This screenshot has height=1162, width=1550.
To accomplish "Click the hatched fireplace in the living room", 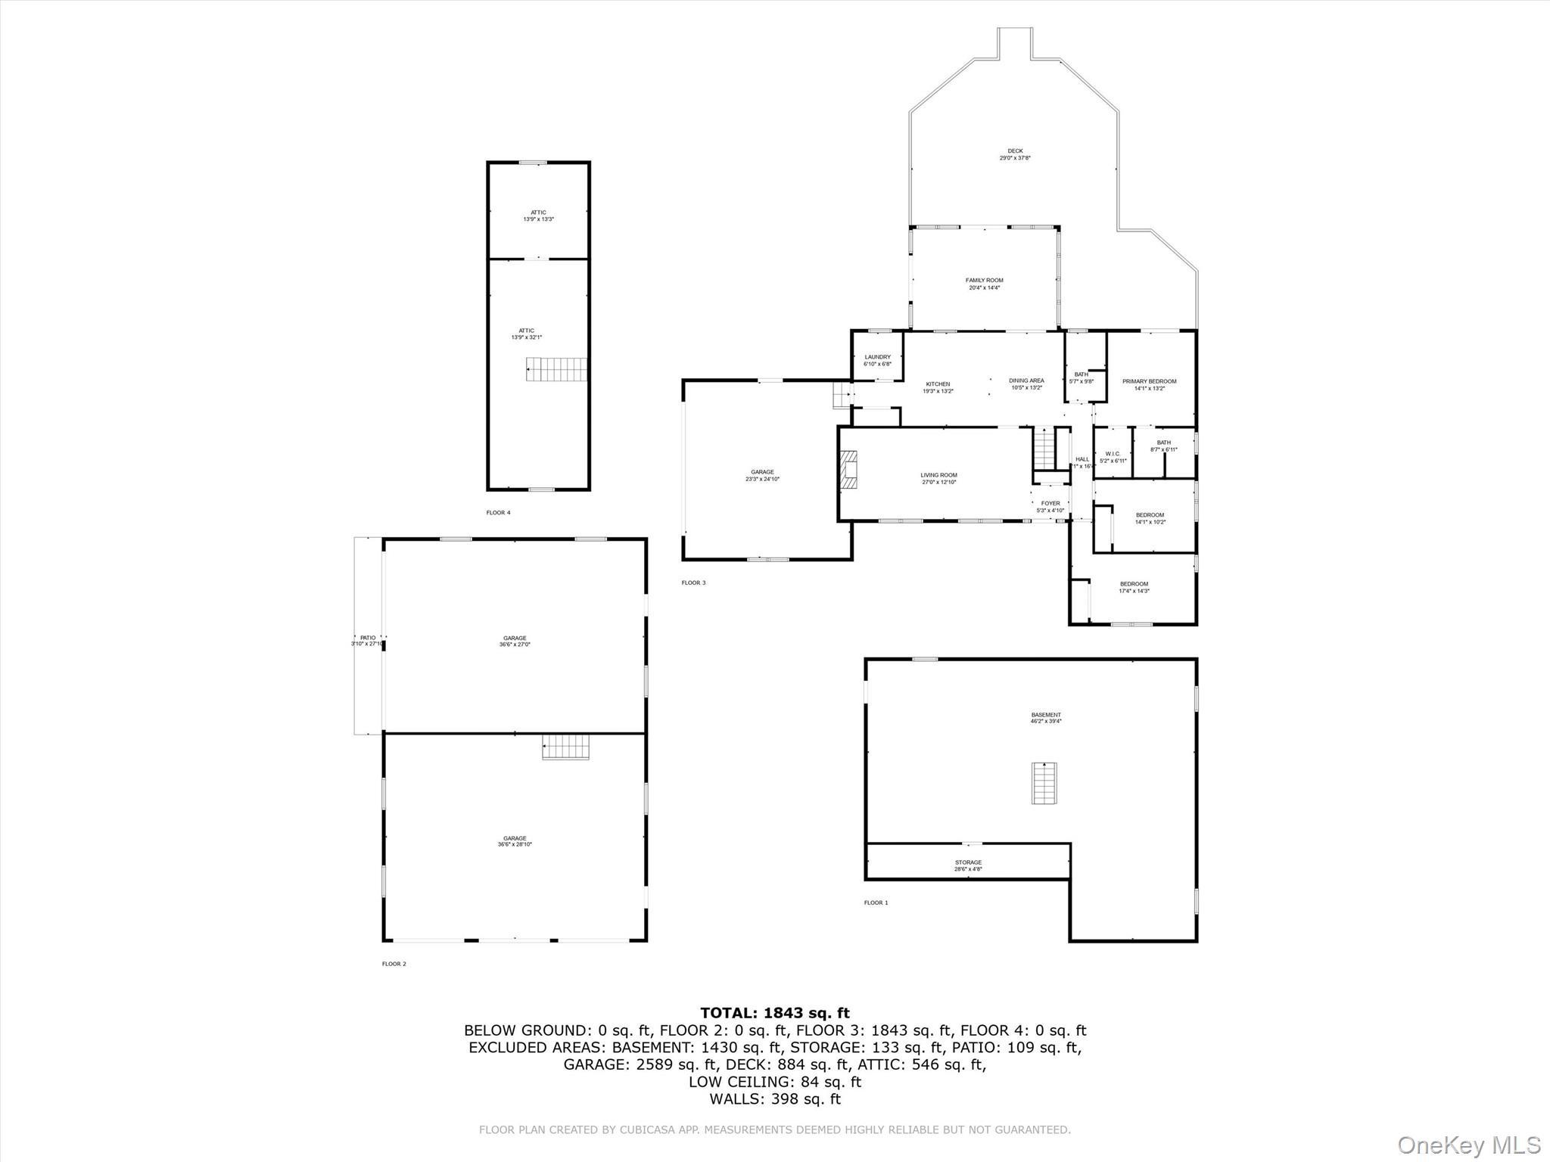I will click(848, 471).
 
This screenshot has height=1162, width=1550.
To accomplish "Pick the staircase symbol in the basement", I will click(1044, 783).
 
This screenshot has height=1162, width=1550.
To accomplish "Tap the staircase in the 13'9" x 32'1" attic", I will click(557, 370).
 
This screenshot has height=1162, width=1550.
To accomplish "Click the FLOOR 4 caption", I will click(498, 513).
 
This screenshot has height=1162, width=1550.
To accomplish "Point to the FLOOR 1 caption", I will click(876, 903).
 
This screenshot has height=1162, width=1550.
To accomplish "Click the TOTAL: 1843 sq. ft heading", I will click(774, 1013).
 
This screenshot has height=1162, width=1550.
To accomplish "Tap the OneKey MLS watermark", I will click(1468, 1145).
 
